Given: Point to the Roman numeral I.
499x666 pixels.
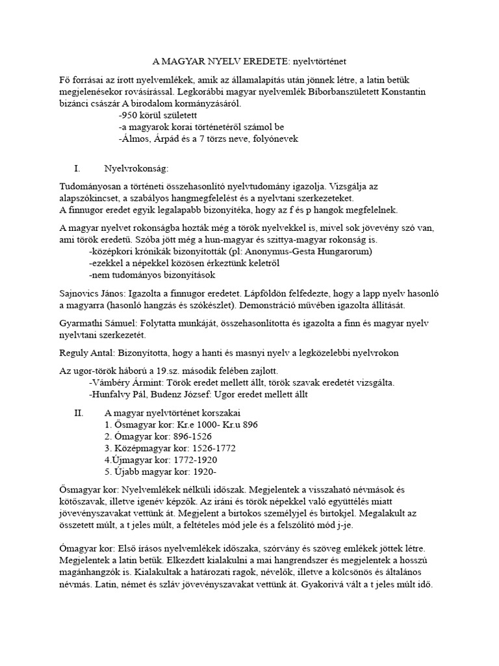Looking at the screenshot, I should [x=77, y=168].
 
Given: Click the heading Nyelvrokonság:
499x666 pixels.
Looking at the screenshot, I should [x=136, y=168].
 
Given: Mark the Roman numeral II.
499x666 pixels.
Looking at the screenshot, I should [x=79, y=412].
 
